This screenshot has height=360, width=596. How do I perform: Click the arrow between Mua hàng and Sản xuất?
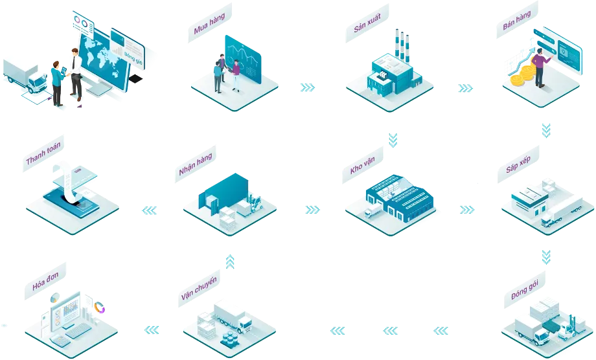(308, 87)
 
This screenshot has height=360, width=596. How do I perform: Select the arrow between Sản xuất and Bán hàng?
(465, 87)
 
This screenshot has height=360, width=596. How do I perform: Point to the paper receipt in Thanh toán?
(71, 181)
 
